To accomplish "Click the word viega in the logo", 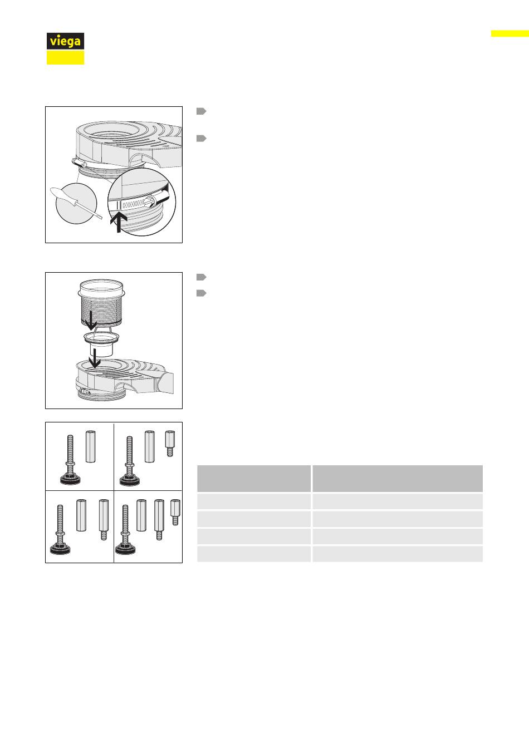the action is (65, 42).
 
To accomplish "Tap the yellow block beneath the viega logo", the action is (65, 57).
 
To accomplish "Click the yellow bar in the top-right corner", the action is (510, 33).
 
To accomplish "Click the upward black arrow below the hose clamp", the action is (119, 222).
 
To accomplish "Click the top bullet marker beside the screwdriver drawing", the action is (201, 111).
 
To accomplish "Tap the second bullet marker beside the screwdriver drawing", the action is (201, 138).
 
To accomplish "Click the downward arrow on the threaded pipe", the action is (90, 319).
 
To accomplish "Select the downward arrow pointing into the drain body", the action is (95, 358).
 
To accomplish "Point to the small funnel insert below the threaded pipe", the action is (101, 344).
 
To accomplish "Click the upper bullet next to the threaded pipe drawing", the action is (201, 277).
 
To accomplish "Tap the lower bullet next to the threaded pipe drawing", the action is (201, 293).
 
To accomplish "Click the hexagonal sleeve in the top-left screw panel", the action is (91, 446).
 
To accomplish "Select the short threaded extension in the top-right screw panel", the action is (170, 444).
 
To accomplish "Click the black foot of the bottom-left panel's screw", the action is (60, 548).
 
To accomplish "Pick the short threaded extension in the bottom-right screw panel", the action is (175, 512).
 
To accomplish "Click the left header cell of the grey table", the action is (254, 478).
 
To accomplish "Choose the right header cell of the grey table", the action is (398, 478).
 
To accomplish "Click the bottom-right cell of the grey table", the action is (398, 554).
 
